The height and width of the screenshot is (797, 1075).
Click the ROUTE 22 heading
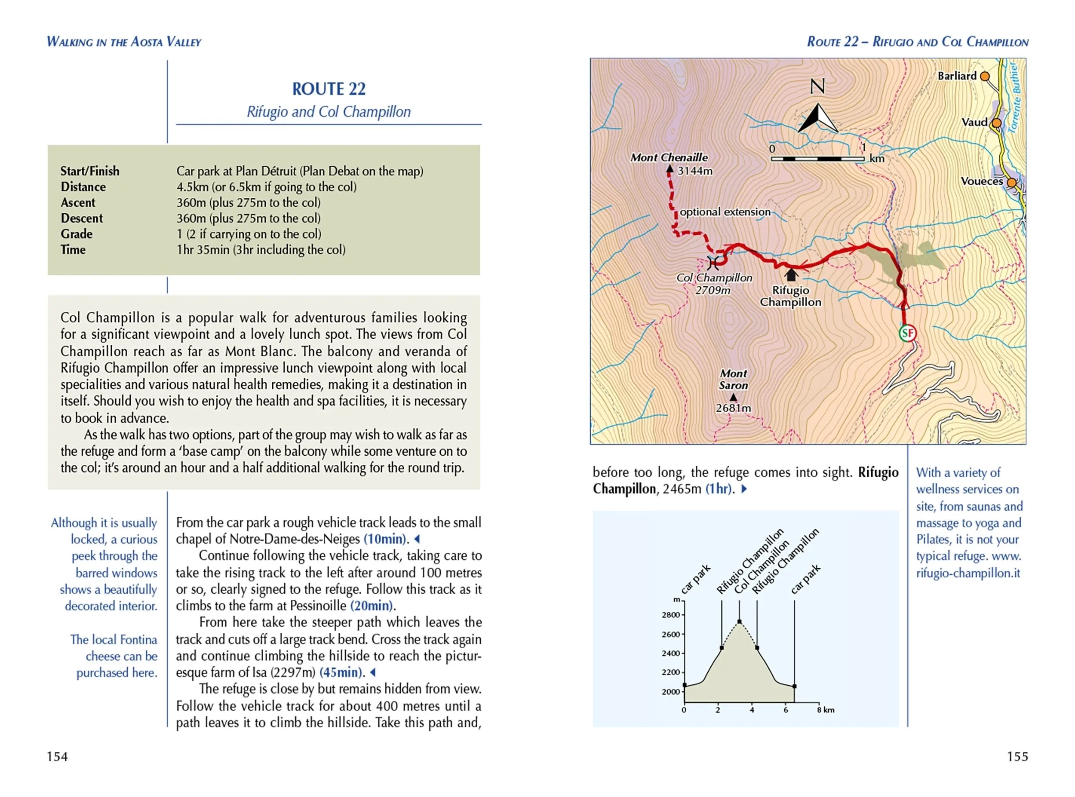click(x=329, y=89)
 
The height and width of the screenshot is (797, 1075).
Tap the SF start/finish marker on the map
click(x=907, y=333)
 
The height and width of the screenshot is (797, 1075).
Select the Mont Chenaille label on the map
click(x=669, y=158)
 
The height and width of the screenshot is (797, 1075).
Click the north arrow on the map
click(x=818, y=118)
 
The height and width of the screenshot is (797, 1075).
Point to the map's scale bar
click(x=817, y=159)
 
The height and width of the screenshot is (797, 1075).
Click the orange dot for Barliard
click(x=985, y=76)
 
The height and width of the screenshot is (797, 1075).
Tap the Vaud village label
click(x=974, y=123)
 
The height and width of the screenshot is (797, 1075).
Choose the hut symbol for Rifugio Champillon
click(x=791, y=275)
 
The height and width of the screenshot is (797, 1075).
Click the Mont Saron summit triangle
click(x=734, y=398)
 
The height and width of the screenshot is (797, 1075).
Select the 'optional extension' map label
click(x=725, y=212)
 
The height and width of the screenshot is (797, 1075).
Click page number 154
click(x=57, y=757)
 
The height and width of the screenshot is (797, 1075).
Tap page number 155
click(x=1017, y=757)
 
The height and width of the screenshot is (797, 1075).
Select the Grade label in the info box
click(x=76, y=234)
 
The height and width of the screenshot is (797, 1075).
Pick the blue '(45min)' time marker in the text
click(x=341, y=672)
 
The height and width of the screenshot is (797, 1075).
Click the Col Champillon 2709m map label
click(x=714, y=284)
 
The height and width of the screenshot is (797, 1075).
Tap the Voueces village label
click(x=981, y=181)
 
